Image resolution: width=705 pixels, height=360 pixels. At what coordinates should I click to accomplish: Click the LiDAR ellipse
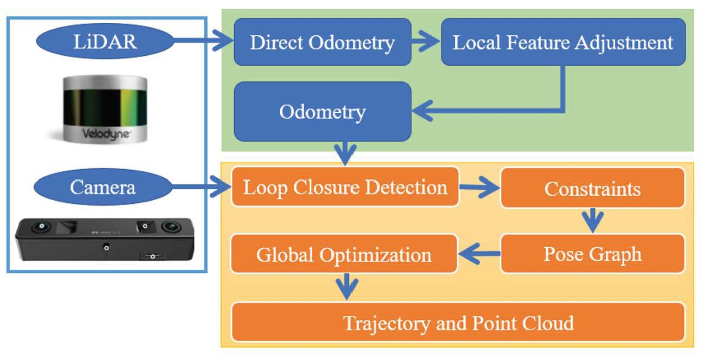click(x=105, y=41)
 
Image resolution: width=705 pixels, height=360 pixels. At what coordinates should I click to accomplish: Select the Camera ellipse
click(x=103, y=188)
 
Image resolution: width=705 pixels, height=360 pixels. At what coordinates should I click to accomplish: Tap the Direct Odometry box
click(x=322, y=42)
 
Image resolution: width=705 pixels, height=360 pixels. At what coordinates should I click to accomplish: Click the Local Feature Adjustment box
click(x=563, y=42)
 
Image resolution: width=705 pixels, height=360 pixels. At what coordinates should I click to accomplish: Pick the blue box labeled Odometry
click(x=322, y=112)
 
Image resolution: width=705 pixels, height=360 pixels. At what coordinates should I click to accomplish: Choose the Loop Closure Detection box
click(x=345, y=187)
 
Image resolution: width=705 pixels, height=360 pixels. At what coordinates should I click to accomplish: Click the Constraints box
click(x=592, y=188)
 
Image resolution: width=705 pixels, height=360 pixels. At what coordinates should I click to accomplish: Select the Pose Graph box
click(x=592, y=254)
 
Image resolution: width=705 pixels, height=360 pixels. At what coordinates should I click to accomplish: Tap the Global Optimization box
click(x=344, y=254)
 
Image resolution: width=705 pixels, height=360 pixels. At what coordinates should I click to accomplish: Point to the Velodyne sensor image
click(x=105, y=108)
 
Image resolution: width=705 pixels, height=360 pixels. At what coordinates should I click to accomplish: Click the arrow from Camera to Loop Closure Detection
click(x=200, y=188)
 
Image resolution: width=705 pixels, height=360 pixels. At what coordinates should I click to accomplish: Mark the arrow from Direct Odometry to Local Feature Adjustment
click(x=426, y=42)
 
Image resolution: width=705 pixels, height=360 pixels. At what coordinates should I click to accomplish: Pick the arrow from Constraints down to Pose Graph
click(x=592, y=220)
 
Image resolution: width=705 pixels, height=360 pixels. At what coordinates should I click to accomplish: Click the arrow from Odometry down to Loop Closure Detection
click(x=345, y=153)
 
